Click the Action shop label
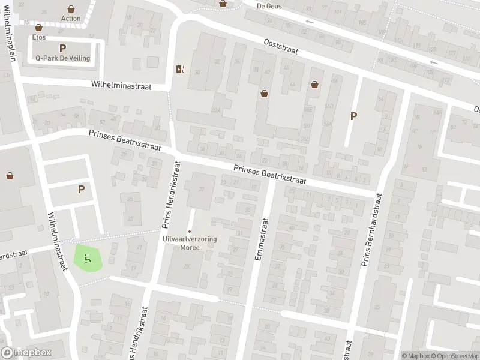pyautogui.click(x=71, y=19)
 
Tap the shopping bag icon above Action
pyautogui.click(x=71, y=10)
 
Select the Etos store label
pyautogui.click(x=39, y=37)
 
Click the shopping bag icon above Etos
pyautogui.click(x=39, y=28)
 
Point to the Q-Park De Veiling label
pyautogui.click(x=62, y=58)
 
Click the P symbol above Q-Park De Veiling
pyautogui.click(x=62, y=48)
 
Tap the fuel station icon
pyautogui.click(x=179, y=69)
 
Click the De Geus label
pyautogui.click(x=268, y=6)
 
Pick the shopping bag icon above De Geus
pyautogui.click(x=223, y=3)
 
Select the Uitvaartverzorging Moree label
pyautogui.click(x=190, y=242)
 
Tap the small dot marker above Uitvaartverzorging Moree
pyautogui.click(x=190, y=232)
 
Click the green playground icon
pyautogui.click(x=88, y=259)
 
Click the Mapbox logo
pyautogui.click(x=26, y=353)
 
